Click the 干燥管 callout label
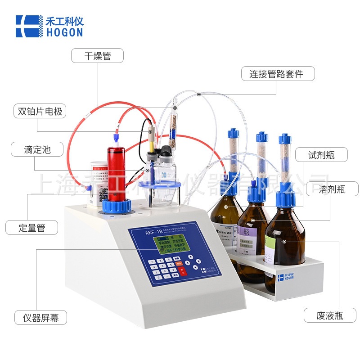(98, 56)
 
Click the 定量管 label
(32, 227)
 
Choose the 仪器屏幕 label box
(40, 317)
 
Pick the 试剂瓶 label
(321, 155)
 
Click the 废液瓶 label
(329, 315)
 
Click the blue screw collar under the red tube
(116, 206)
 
